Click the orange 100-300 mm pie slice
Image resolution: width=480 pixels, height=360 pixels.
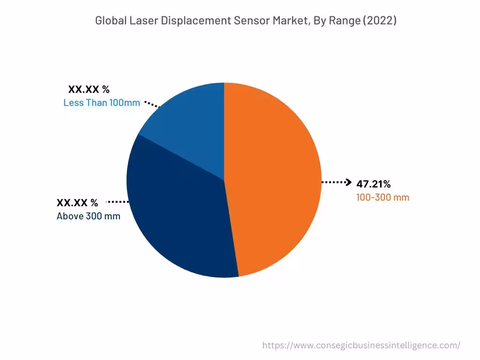(274, 178)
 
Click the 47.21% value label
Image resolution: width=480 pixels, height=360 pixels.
(373, 184)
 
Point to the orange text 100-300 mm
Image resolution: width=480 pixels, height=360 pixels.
(382, 197)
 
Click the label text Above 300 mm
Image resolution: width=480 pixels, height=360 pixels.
(88, 216)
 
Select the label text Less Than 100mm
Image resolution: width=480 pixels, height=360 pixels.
(101, 103)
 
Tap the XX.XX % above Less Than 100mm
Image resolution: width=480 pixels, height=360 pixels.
(89, 89)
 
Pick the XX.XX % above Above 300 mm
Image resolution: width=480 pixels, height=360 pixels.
(77, 203)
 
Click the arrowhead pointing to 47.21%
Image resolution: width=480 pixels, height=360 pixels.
(348, 182)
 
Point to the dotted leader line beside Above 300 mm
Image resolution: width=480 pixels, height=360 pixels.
(118, 202)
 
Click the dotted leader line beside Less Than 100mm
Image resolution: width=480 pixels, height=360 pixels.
(151, 104)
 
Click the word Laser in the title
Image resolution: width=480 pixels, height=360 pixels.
(140, 21)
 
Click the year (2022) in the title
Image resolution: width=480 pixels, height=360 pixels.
(378, 21)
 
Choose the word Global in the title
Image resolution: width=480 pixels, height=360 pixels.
(110, 21)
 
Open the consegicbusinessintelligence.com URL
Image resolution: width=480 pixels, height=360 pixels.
(361, 345)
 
